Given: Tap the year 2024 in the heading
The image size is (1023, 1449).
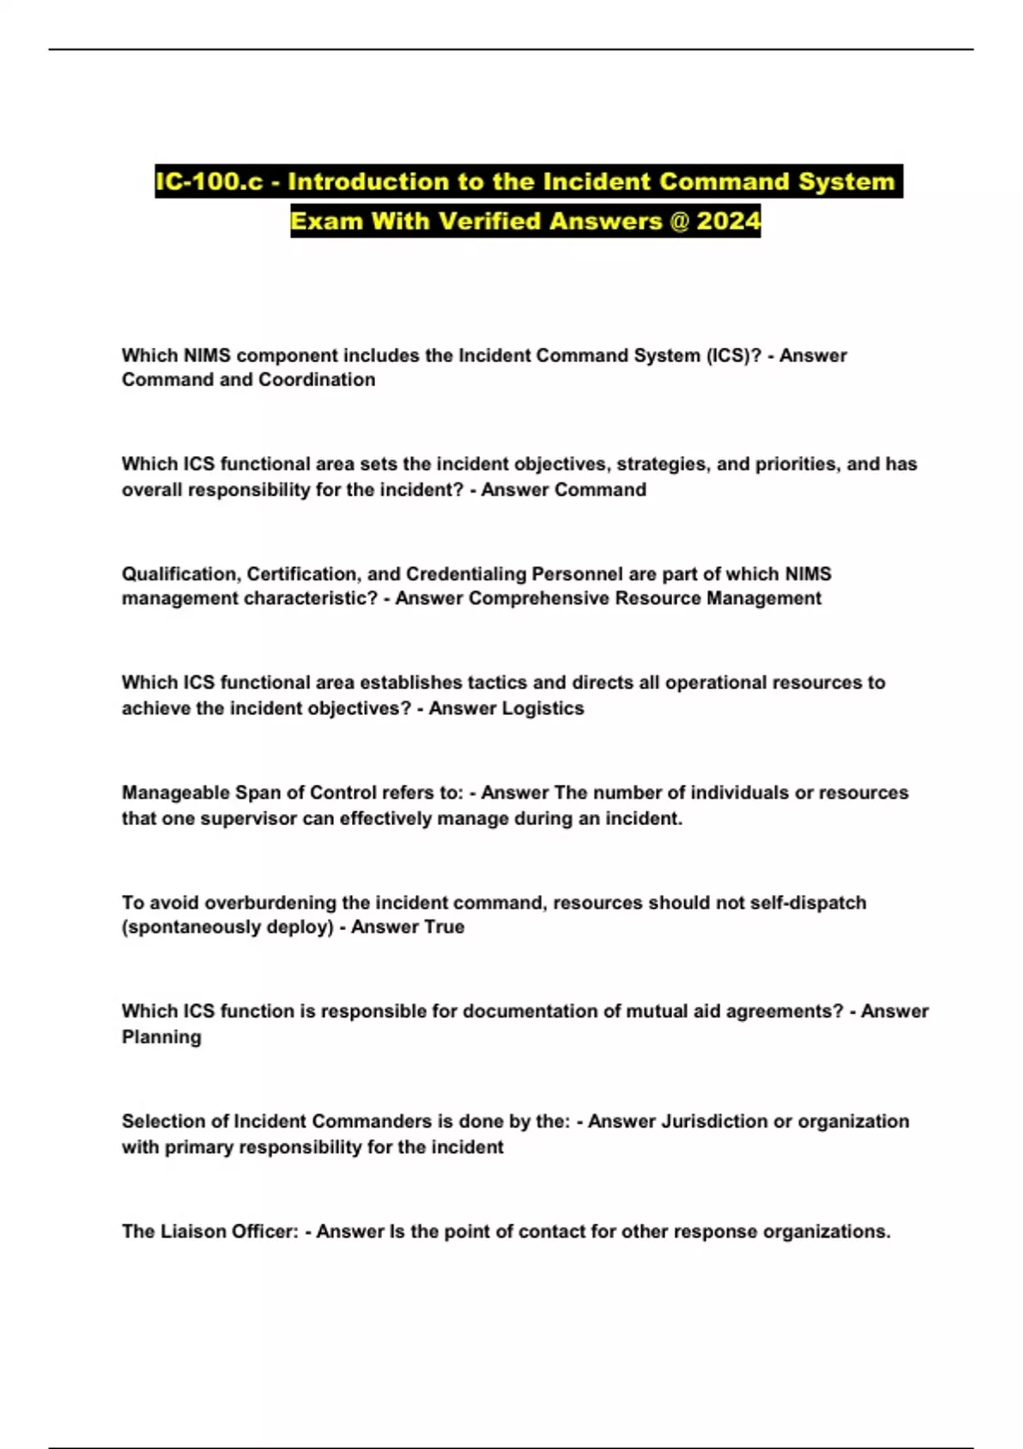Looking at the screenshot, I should (x=728, y=221).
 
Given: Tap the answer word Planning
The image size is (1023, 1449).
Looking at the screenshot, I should (x=161, y=1037).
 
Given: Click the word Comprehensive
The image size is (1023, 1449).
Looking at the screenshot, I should (x=539, y=598).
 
